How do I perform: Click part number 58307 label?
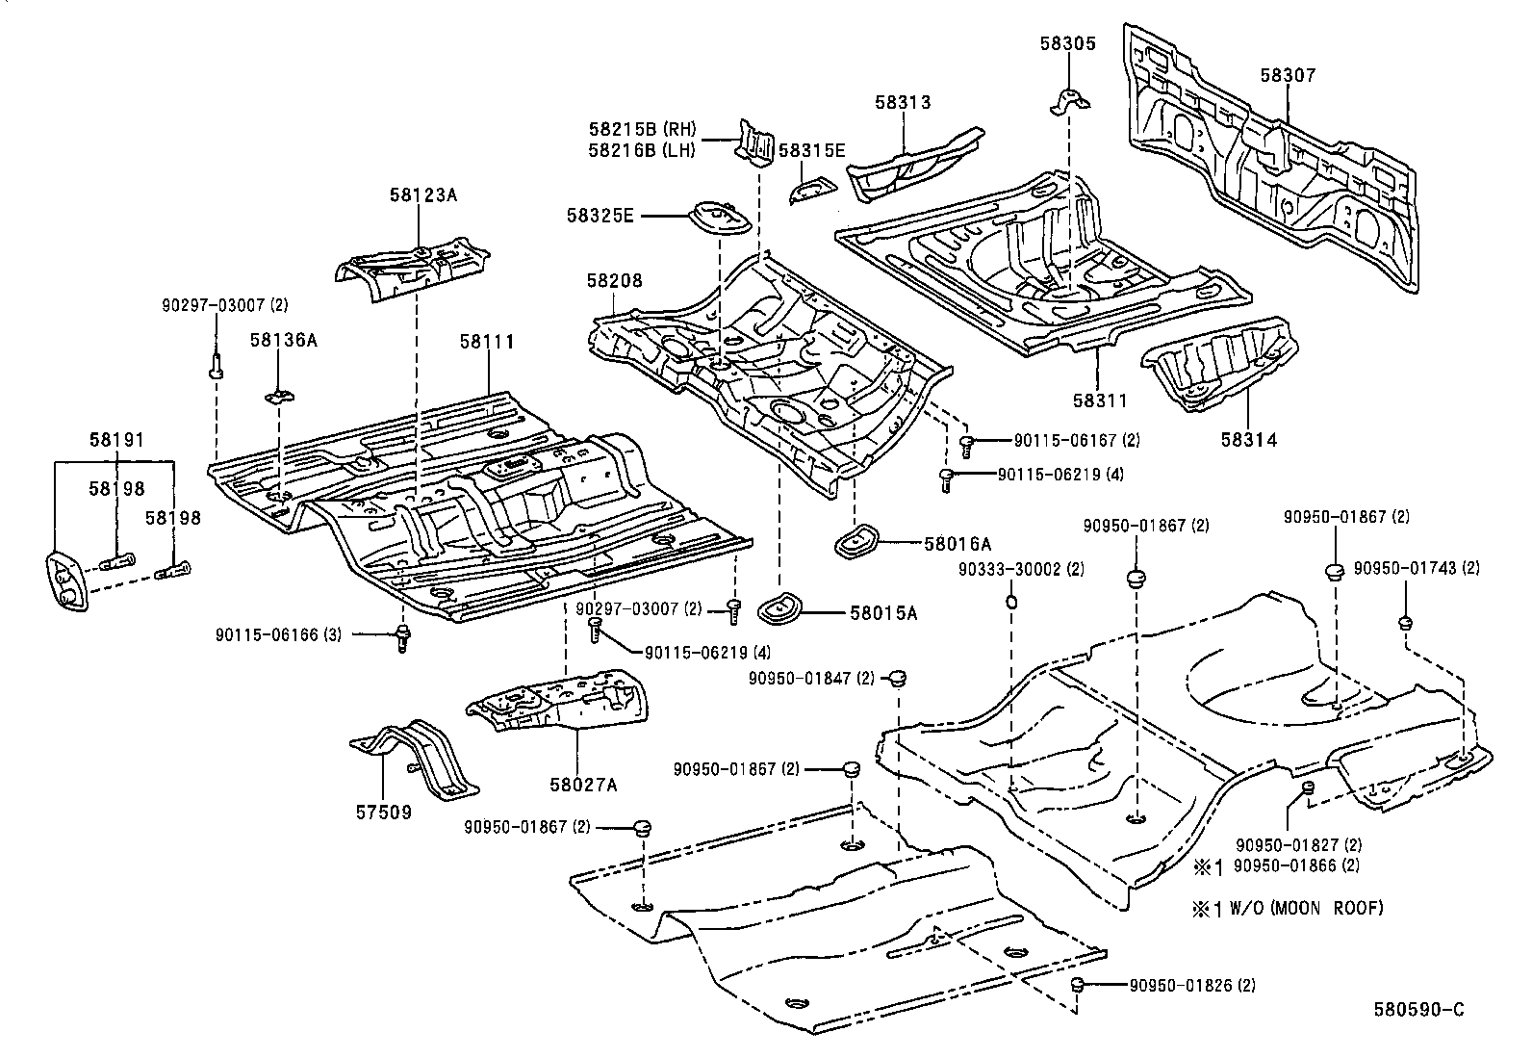[1288, 75]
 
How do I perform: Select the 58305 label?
[1067, 42]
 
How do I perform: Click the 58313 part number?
[903, 102]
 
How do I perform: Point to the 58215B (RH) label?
[643, 130]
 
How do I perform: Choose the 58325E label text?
[600, 216]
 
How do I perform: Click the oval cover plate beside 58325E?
[719, 218]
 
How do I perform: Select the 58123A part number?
[423, 194]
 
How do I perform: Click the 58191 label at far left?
[115, 440]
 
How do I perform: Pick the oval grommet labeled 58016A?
[855, 540]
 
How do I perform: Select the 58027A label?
[583, 784]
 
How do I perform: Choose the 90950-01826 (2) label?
[1192, 985]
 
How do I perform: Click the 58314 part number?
[1249, 440]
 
